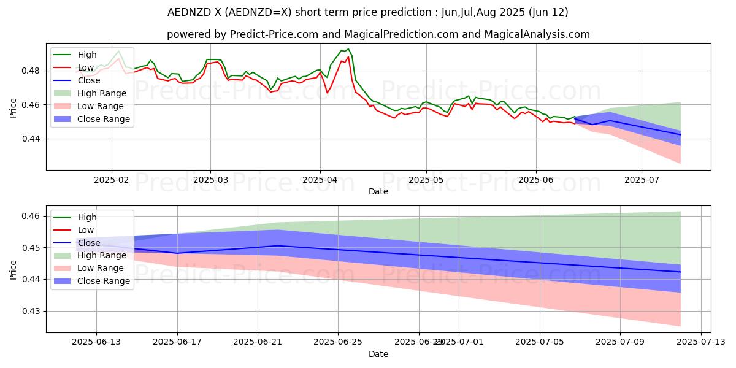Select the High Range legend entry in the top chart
102,93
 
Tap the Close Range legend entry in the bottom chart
104,281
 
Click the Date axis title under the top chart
378,192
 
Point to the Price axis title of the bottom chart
13,270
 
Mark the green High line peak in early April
348,49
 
